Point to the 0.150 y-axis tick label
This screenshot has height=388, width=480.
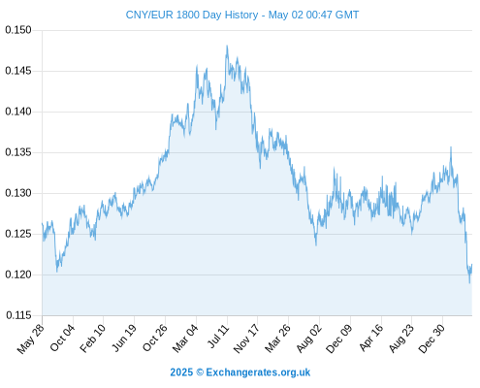click(x=18, y=30)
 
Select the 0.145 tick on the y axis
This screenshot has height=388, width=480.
click(x=18, y=71)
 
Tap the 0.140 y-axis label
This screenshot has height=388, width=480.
click(x=18, y=112)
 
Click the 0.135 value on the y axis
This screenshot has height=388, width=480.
click(x=18, y=152)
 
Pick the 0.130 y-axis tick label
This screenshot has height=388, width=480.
click(x=18, y=193)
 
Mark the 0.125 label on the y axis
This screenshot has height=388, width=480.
click(x=18, y=234)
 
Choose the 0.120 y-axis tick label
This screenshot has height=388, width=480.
click(x=18, y=275)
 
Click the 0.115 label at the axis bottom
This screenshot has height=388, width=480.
click(x=18, y=315)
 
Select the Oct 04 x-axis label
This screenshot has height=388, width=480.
click(x=62, y=338)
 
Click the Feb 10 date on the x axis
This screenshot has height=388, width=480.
click(x=92, y=338)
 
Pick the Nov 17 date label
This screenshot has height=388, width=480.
click(x=246, y=339)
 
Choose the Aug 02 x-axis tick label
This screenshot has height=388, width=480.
click(x=309, y=339)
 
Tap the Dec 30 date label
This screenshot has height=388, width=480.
click(x=432, y=339)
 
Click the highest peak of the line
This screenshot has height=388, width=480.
click(x=227, y=46)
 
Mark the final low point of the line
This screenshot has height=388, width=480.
click(x=469, y=283)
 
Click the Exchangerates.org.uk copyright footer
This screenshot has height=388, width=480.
click(x=240, y=372)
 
